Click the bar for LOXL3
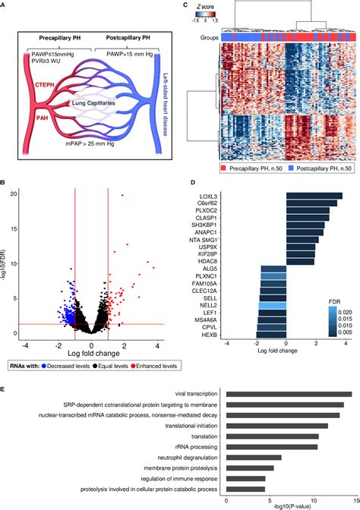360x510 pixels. (x=314, y=196)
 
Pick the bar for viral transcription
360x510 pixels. (x=289, y=394)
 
